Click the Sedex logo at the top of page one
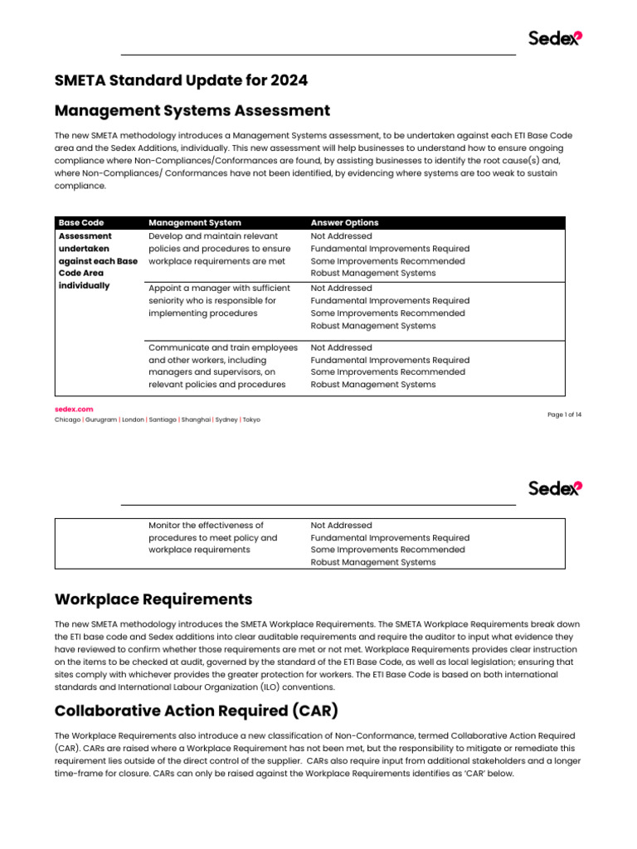(x=555, y=38)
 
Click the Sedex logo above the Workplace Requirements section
(x=555, y=488)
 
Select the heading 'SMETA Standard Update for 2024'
(x=181, y=80)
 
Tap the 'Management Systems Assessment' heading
(x=192, y=110)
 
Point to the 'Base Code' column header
(x=81, y=222)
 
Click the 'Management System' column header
(x=195, y=222)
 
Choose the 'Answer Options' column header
(x=344, y=222)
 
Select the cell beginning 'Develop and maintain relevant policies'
(x=220, y=249)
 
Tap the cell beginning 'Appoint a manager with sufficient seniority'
(x=220, y=301)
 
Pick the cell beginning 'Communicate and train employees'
(x=222, y=366)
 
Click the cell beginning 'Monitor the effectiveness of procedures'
(x=213, y=537)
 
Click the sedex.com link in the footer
(x=74, y=409)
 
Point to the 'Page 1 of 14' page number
(x=564, y=415)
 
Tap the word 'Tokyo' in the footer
(x=251, y=420)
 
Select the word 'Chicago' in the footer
(x=67, y=420)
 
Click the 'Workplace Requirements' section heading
(x=153, y=599)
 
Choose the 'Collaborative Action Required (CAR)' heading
(x=196, y=711)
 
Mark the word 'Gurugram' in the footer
(x=101, y=420)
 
